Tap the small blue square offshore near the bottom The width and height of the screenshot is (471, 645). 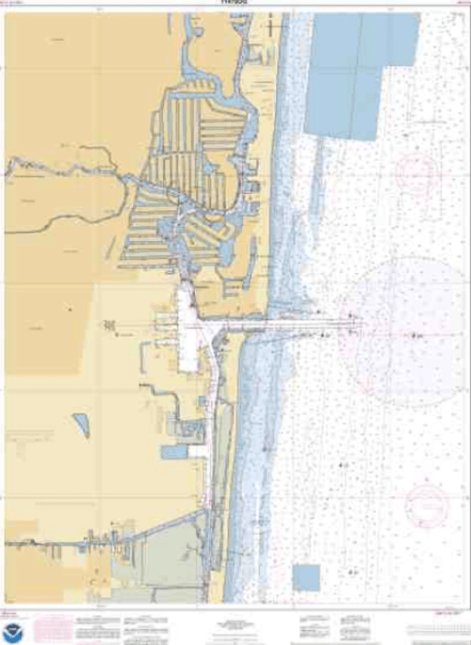(x=306, y=576)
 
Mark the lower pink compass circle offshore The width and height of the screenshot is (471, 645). (x=427, y=505)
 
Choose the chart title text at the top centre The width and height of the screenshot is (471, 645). (x=235, y=4)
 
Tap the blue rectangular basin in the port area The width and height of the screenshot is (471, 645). (x=175, y=453)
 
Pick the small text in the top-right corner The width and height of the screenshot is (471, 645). (x=461, y=5)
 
